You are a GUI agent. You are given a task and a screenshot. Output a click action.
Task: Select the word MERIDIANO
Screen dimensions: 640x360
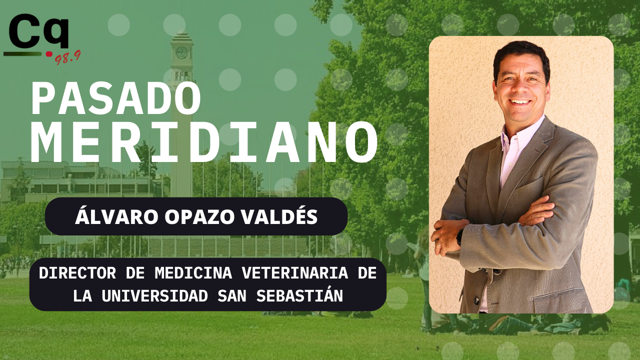click(x=204, y=142)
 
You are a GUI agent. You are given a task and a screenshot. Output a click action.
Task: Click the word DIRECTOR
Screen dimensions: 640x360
click(x=77, y=273)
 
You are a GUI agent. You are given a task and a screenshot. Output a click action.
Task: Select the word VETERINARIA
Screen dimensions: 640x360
click(x=295, y=273)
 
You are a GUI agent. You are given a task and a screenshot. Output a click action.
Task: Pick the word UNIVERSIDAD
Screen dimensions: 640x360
click(x=155, y=295)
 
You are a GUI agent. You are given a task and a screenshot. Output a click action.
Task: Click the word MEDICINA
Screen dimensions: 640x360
click(x=193, y=273)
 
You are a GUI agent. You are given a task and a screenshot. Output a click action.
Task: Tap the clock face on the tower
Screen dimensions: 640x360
click(x=181, y=52)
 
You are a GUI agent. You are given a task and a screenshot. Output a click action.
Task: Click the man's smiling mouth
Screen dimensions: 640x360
click(x=520, y=102)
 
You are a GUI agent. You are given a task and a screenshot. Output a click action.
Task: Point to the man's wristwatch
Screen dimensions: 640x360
click(x=459, y=237)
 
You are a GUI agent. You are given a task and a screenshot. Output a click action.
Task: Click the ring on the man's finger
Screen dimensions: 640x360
click(x=438, y=244)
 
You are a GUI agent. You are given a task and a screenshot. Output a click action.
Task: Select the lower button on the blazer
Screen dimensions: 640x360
click(x=476, y=300)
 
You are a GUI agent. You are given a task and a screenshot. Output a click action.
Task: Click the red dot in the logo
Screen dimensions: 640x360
click(x=49, y=54)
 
